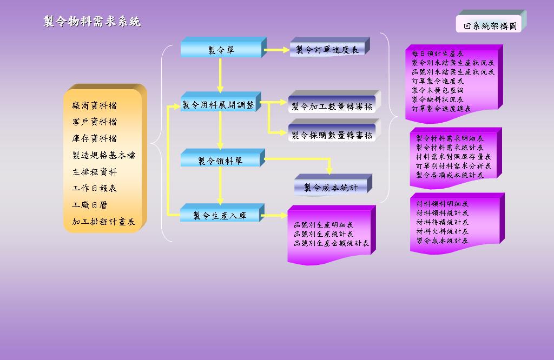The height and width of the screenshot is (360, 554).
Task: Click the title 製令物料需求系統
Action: [x=93, y=22]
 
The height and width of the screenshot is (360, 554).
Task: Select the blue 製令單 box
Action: [x=221, y=50]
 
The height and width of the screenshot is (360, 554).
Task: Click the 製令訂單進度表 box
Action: [x=327, y=50]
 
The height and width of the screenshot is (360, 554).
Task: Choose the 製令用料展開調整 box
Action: [x=219, y=105]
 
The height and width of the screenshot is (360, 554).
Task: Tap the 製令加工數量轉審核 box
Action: [x=332, y=106]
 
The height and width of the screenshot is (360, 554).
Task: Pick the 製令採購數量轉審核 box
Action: [x=332, y=135]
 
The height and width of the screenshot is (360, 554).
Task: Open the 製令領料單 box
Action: [x=220, y=161]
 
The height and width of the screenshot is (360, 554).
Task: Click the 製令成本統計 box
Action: [x=331, y=188]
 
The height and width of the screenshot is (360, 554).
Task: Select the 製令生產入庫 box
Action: [x=220, y=215]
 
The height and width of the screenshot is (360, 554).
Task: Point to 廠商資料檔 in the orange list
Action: [x=94, y=105]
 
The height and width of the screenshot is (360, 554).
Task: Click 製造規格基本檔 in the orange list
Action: [x=103, y=155]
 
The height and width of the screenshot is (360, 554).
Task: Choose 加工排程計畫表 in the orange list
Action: [x=103, y=222]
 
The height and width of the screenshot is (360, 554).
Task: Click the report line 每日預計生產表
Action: [x=438, y=54]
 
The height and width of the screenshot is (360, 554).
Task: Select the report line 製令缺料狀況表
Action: [x=438, y=99]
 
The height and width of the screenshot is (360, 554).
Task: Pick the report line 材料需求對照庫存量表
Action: [x=453, y=157]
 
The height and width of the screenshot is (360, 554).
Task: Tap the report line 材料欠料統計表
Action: [x=442, y=231]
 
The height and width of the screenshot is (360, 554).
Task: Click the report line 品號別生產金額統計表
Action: [x=331, y=243]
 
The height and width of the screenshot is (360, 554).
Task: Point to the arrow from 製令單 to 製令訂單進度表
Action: [x=277, y=50]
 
